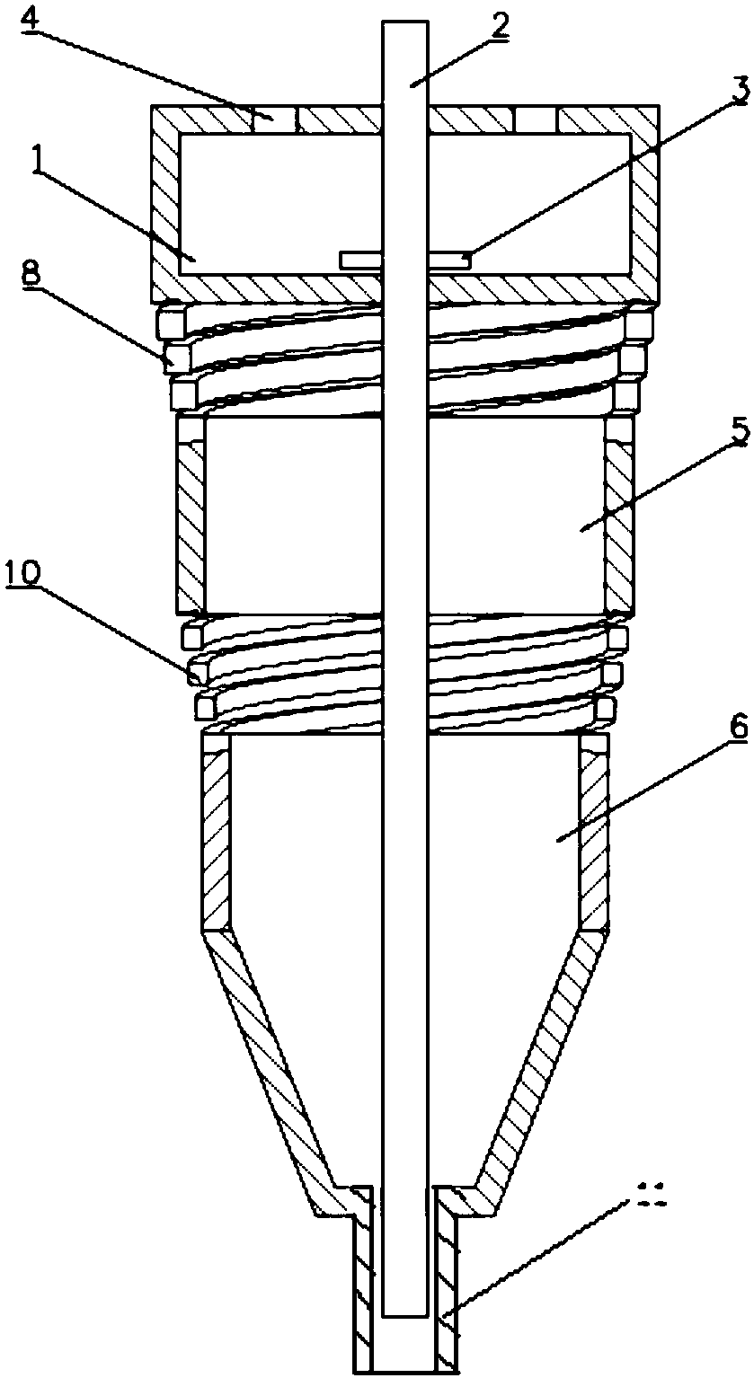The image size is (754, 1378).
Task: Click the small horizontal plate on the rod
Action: (404, 259)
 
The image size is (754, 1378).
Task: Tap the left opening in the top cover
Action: (275, 120)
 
